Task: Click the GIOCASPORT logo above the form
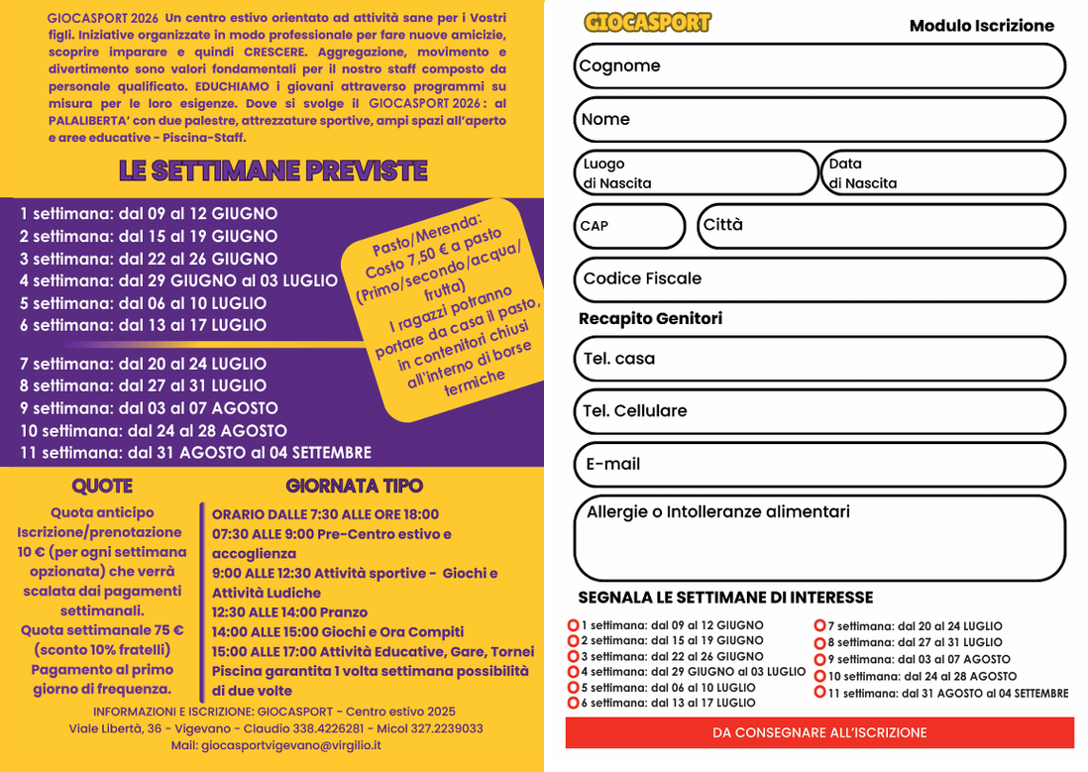647,23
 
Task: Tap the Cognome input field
819,66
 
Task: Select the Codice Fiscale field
819,279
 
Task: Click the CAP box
628,226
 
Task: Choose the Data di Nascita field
942,173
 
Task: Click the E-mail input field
819,465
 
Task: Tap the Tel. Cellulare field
819,411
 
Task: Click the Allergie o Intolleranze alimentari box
819,538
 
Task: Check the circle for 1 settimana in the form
573,625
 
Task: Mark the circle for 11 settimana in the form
820,693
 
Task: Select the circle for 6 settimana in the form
573,703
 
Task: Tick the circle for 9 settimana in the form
820,659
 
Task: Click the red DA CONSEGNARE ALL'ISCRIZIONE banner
819,732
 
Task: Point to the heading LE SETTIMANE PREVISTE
272,170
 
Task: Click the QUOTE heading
102,486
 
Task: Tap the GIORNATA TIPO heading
354,486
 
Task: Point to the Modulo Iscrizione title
981,26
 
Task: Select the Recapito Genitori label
650,318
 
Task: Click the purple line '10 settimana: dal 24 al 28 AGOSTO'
154,430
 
